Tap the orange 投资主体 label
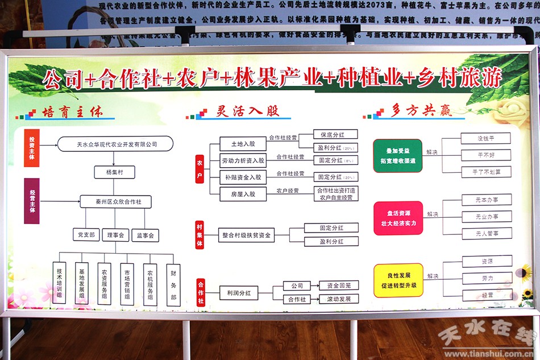32,148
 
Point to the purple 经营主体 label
32,201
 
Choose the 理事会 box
115,234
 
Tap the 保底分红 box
335,135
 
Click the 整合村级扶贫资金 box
246,234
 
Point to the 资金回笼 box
339,285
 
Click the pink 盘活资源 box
398,218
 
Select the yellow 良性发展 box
398,280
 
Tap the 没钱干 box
485,138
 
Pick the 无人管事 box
486,233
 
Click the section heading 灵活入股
248,111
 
